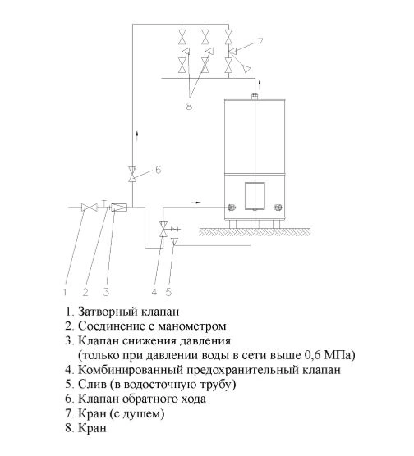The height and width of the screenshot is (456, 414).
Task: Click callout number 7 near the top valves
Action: click(260, 42)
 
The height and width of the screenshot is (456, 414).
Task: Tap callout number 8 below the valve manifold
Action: click(190, 106)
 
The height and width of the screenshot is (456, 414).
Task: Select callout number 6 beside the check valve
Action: click(159, 170)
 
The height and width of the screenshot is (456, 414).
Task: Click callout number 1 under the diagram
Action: click(65, 292)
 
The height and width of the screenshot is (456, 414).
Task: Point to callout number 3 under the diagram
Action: click(106, 292)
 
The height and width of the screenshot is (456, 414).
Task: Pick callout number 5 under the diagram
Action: click(169, 292)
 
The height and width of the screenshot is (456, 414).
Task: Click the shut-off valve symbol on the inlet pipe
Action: click(90, 207)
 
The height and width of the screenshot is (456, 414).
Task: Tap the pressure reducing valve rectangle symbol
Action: click(119, 207)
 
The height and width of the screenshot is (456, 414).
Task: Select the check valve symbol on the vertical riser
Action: click(132, 174)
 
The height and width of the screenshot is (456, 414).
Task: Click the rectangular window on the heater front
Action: click(255, 196)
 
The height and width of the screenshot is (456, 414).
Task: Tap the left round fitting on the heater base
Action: click(232, 207)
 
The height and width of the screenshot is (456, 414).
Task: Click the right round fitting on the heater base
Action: click(278, 207)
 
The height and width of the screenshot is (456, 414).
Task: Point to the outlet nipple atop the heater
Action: click(255, 96)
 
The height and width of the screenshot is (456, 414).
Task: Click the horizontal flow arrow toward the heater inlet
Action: click(196, 202)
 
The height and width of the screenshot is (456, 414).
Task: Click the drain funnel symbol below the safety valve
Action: click(174, 241)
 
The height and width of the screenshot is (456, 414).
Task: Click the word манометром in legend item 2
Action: click(192, 326)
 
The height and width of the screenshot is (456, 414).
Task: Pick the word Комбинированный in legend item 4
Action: click(131, 370)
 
